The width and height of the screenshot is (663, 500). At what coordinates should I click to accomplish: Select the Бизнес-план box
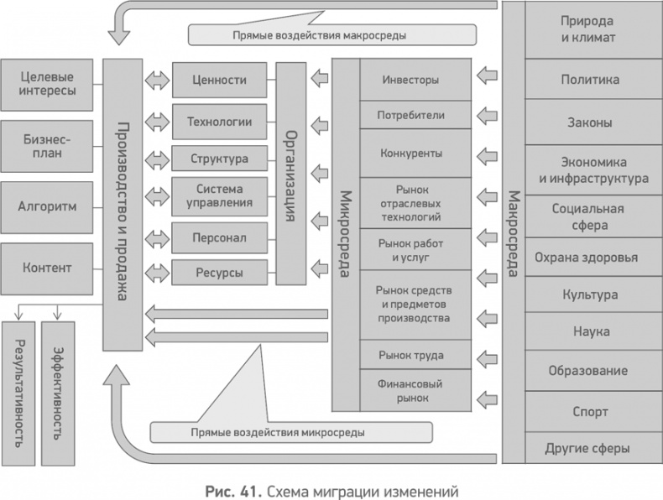(46, 145)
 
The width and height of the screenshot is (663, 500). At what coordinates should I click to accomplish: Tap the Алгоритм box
(46, 206)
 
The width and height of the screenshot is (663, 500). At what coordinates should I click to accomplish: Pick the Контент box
(46, 268)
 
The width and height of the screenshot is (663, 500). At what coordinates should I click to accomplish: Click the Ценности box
(219, 81)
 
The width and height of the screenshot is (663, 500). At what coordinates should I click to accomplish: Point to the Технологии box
(219, 122)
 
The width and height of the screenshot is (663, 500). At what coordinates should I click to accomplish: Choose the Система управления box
(219, 195)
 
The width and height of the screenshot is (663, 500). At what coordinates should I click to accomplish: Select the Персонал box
(219, 238)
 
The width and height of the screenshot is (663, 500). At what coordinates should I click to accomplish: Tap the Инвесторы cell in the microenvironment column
(410, 81)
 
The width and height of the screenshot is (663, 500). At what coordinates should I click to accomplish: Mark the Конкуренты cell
(410, 154)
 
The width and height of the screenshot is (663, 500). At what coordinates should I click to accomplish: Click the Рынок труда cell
(410, 355)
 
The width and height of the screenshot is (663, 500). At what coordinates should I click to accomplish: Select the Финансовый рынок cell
(410, 391)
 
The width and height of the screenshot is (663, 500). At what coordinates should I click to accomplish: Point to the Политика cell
(591, 80)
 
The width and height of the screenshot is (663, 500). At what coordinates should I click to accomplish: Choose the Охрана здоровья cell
(591, 258)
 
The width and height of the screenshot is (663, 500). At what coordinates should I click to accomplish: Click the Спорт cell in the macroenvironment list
(591, 412)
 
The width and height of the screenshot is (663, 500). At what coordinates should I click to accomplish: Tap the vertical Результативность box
(18, 393)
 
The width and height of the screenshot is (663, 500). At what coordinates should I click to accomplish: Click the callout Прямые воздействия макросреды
(331, 35)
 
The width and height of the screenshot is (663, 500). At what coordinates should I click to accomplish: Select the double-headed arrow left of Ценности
(155, 81)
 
